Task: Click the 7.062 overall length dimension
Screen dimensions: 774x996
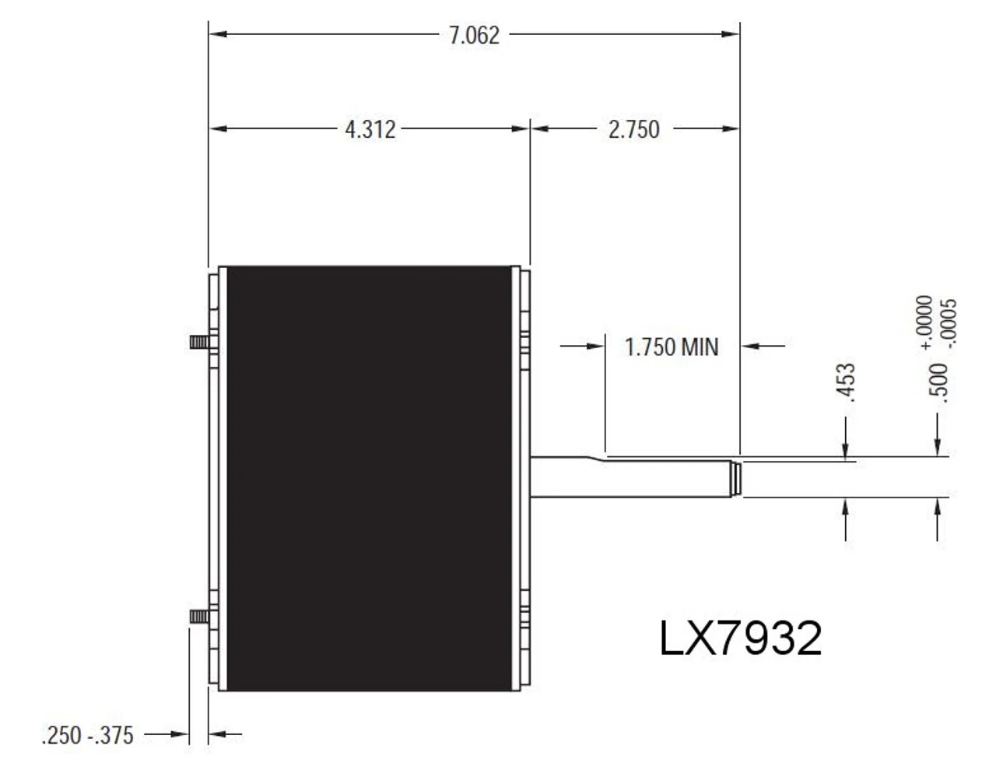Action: tap(474, 36)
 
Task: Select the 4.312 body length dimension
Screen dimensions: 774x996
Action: tap(370, 129)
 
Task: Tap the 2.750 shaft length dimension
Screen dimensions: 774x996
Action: tap(633, 129)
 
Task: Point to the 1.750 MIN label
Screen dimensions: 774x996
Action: tap(672, 347)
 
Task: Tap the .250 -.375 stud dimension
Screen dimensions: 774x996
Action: tap(88, 735)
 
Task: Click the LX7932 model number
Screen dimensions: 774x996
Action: tap(740, 639)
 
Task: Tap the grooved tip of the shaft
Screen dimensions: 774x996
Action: tap(734, 477)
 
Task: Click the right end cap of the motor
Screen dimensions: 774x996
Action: tap(523, 478)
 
